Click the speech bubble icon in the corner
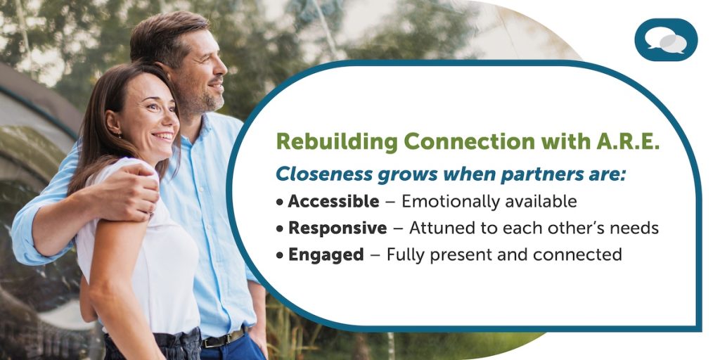coord(666,40)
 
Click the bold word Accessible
coord(333,202)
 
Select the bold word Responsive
coord(337,229)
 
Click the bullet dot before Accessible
coord(280,202)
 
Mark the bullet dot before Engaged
coord(280,255)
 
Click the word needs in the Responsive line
coord(637,229)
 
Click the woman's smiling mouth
coord(163,137)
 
